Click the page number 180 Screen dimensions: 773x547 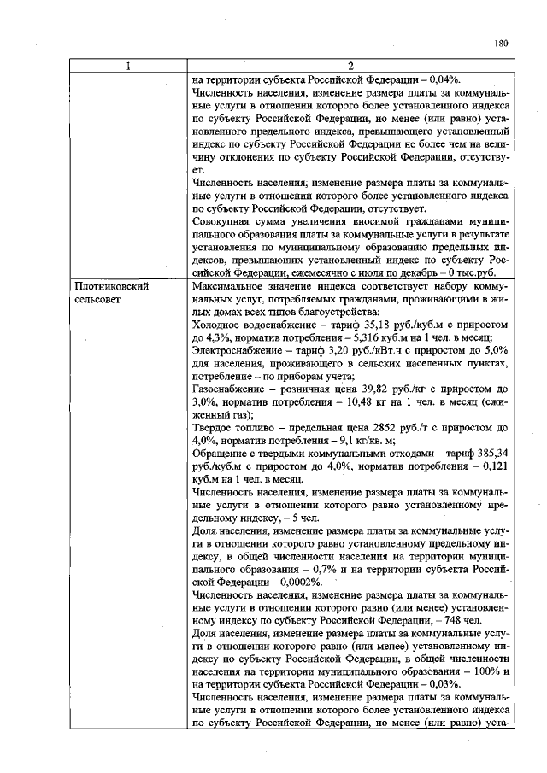coord(502,43)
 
